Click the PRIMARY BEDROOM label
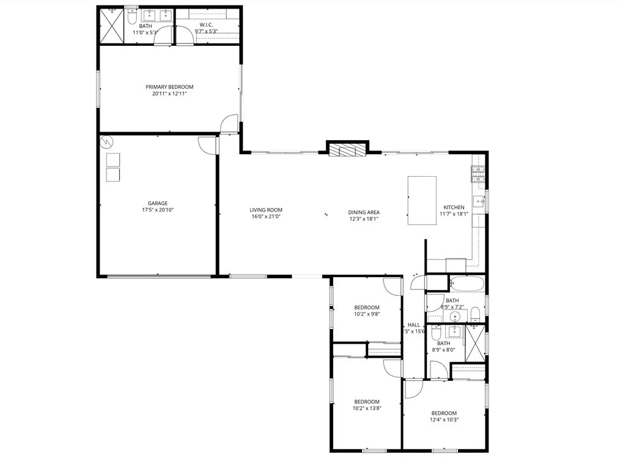[x=169, y=87]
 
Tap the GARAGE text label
[x=157, y=203]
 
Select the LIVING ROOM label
[x=266, y=210]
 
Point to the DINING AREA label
[x=364, y=212]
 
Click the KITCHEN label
[x=454, y=207]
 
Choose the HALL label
[x=414, y=325]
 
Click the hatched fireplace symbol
[x=347, y=149]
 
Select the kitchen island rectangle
[x=422, y=200]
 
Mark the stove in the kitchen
[x=478, y=174]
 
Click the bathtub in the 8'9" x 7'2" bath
[x=467, y=284]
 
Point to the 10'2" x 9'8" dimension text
[x=367, y=315]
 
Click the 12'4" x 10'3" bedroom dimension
[x=444, y=420]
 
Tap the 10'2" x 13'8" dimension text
[x=367, y=409]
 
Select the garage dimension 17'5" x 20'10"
[x=157, y=210]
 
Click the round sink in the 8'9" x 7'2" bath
[x=454, y=317]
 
